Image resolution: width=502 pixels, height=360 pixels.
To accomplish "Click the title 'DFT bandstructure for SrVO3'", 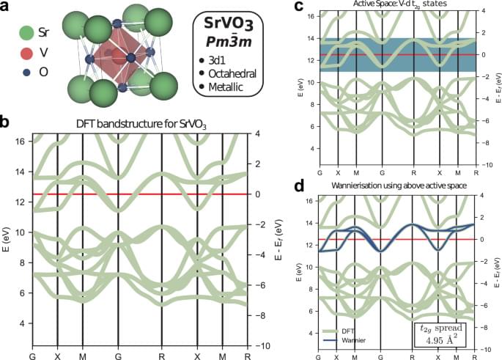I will pyautogui.click(x=141, y=125).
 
